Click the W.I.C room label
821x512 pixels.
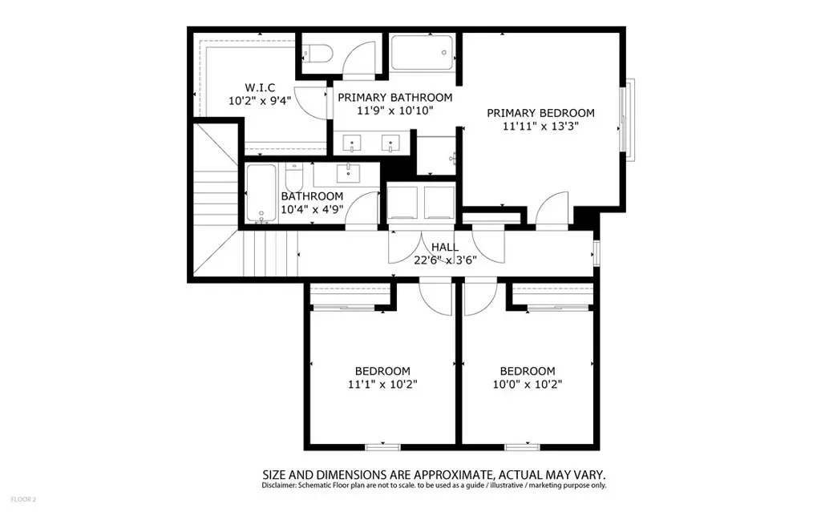(260, 87)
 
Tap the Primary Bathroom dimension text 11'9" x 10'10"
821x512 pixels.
(395, 111)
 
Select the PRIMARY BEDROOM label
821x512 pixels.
(540, 113)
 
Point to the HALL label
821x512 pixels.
(445, 247)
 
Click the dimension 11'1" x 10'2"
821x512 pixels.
(382, 385)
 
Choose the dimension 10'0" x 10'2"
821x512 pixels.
(528, 385)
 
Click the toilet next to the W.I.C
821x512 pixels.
(317, 54)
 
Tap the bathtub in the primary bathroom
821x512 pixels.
(422, 52)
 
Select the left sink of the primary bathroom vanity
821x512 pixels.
(351, 143)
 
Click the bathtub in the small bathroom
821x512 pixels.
(261, 192)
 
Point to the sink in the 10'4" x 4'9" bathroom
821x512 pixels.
(348, 173)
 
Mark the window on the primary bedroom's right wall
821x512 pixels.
(627, 120)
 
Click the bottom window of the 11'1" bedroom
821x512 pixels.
(382, 447)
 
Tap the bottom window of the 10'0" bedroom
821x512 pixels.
(522, 447)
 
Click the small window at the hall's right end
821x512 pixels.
(597, 253)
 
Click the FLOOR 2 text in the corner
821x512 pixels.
(23, 499)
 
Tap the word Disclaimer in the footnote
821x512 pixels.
(279, 486)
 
